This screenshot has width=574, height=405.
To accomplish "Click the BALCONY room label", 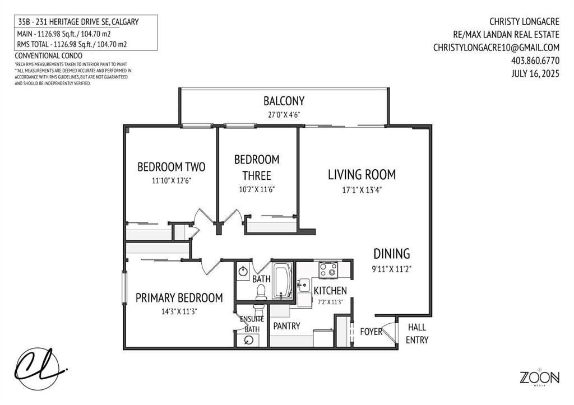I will pyautogui.click(x=284, y=101).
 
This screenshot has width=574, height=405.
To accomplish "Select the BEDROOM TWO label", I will pyautogui.click(x=171, y=167).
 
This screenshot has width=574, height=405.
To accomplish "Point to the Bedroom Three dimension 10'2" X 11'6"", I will pyautogui.click(x=257, y=189).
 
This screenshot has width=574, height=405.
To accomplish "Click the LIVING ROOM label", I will pyautogui.click(x=362, y=175).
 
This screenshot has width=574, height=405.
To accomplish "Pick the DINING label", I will pyautogui.click(x=391, y=254).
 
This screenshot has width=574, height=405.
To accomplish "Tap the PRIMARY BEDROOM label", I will pyautogui.click(x=179, y=298).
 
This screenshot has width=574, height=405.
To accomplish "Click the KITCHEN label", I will pyautogui.click(x=330, y=291).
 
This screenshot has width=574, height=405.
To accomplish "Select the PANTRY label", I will pyautogui.click(x=286, y=325).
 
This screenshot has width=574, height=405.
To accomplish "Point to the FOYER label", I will pyautogui.click(x=371, y=331).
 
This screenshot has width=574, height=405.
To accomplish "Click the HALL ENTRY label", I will pyautogui.click(x=418, y=333).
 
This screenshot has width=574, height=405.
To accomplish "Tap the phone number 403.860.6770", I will pyautogui.click(x=535, y=60).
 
